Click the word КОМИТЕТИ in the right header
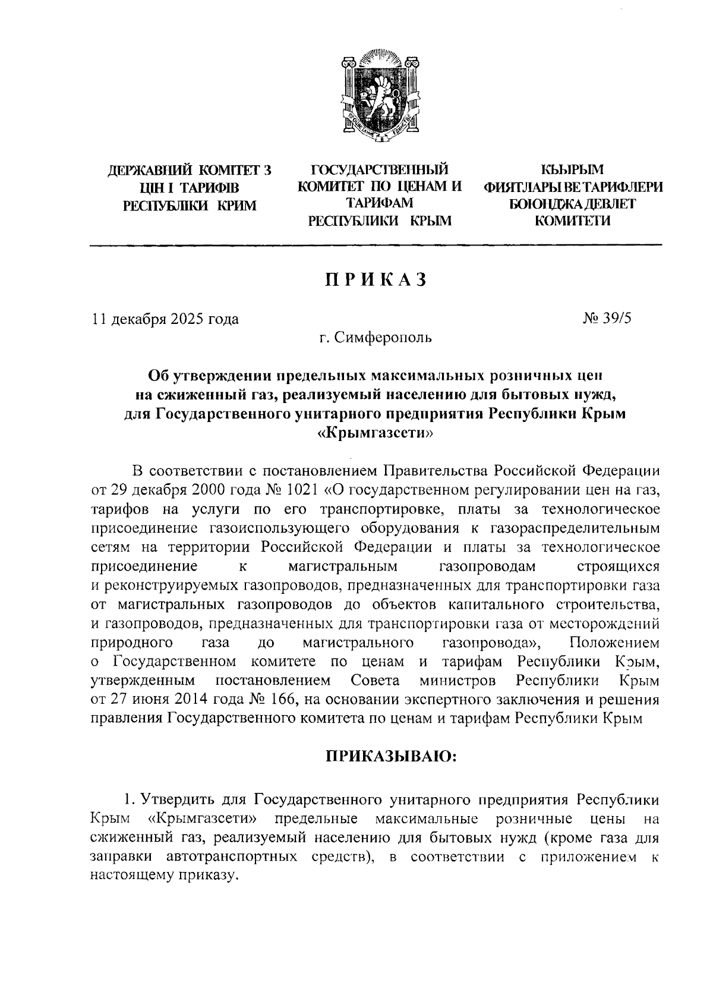click(x=573, y=222)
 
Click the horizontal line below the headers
click(x=375, y=245)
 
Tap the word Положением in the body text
click(x=614, y=643)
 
